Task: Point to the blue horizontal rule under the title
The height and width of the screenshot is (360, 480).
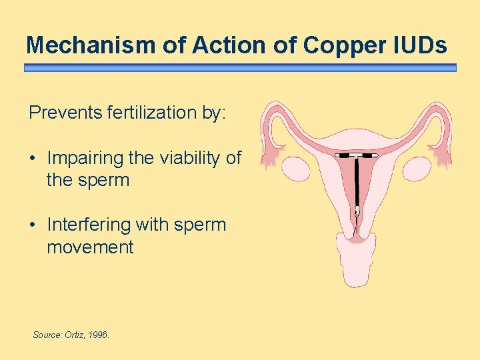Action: click(240, 68)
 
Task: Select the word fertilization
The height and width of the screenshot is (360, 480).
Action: click(153, 113)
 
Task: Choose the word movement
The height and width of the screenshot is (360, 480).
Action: click(90, 247)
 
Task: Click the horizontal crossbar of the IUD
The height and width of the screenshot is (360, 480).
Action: click(357, 155)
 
